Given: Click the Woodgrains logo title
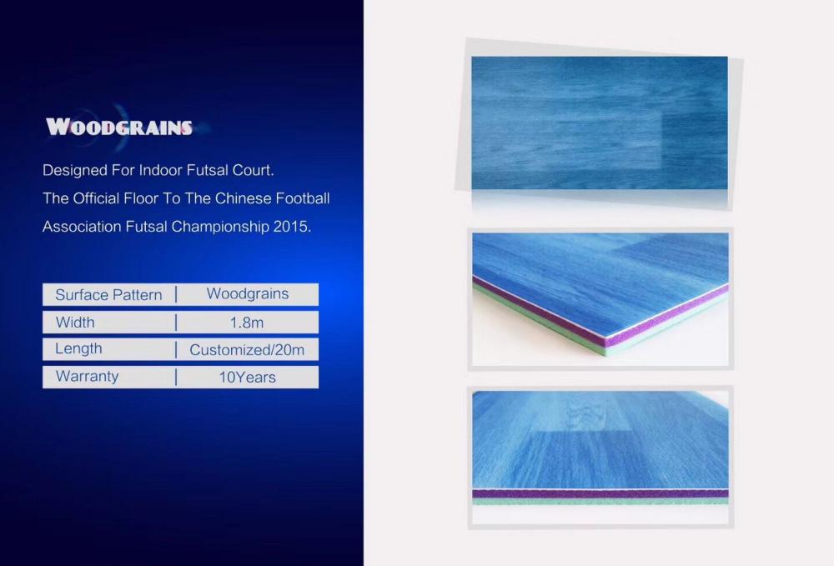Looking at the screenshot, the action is pos(118,127).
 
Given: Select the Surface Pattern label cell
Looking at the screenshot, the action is pos(108,295).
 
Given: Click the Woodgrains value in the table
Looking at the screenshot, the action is pos(248,294).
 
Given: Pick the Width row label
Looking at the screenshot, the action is pos(75,322).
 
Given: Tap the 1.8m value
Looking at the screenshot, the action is pos(247,323).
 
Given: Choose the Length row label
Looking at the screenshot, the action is pos(78,348).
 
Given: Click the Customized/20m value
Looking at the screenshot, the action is pos(247,350).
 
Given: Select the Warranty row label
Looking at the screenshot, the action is pos(87,376).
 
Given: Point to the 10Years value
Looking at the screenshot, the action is pos(248,378).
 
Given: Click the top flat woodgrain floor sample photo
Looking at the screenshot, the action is pos(600,123).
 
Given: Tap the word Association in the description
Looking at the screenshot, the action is pos(82,227).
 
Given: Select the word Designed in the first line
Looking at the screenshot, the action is pos(74,171).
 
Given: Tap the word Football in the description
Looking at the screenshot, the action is pos(302,198).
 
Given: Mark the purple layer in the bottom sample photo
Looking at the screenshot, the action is pos(600,493).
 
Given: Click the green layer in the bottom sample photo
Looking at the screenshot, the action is pos(600,501).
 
